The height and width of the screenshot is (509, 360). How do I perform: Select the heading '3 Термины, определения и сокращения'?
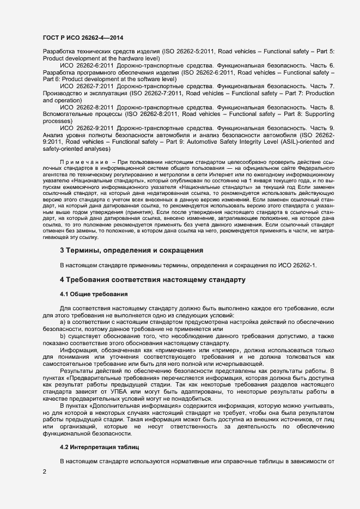(x=131, y=250)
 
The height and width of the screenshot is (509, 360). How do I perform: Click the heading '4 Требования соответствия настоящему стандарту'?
(x=152, y=279)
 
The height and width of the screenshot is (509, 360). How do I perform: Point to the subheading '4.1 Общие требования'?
(x=94, y=294)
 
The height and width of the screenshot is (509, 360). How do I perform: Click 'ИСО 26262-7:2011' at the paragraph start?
(x=85, y=86)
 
